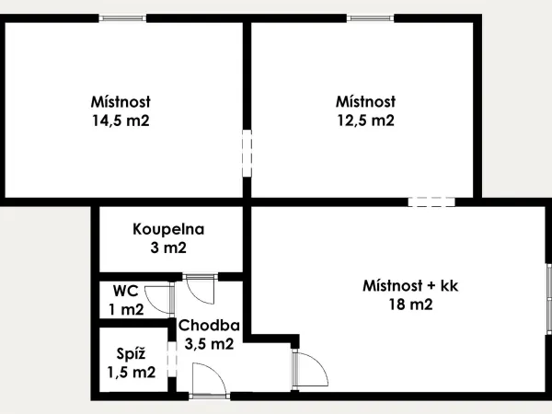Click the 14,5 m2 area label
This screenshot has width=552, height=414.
click(x=121, y=121)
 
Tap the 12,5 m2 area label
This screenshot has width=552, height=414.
click(x=366, y=121)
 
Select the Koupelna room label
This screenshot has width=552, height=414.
click(x=168, y=229)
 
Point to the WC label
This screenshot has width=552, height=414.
click(x=126, y=291)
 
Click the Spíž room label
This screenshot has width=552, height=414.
click(x=131, y=354)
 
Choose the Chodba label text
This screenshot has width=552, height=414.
click(x=209, y=326)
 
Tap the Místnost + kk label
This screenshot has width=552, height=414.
click(x=410, y=285)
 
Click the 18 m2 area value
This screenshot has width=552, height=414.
click(x=410, y=305)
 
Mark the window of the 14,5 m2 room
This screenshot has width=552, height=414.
click(x=122, y=18)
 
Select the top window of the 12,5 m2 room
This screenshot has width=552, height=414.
click(x=371, y=18)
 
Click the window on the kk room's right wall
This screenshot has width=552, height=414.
click(x=549, y=298)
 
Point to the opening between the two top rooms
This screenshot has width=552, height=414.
click(x=247, y=153)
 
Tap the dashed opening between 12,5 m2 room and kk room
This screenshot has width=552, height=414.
click(x=431, y=202)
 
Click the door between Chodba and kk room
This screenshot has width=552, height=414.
click(x=310, y=370)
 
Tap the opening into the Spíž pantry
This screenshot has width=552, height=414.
click(x=172, y=360)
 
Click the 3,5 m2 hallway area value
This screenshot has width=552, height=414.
click(x=209, y=344)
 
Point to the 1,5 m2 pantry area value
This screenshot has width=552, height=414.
click(x=132, y=373)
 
